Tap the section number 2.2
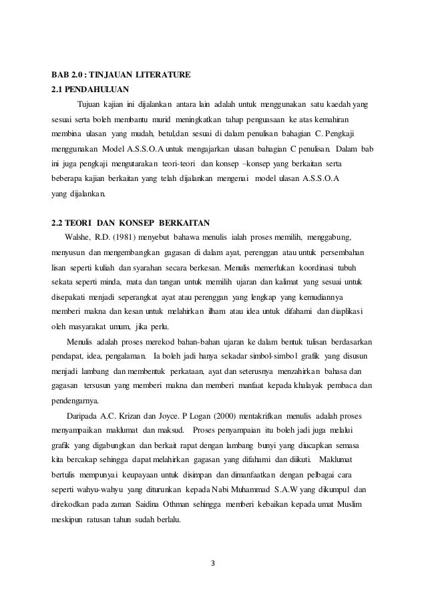pos(60,221)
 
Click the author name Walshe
pos(77,236)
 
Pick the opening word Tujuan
pos(93,104)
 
